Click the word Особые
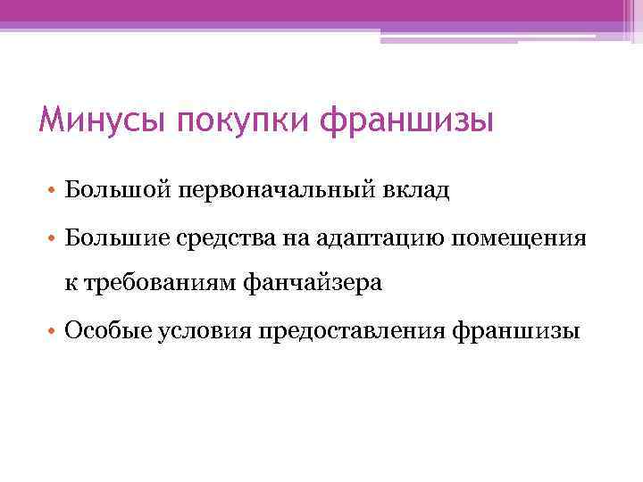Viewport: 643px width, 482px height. [106, 332]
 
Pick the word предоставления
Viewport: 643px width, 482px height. [352, 332]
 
